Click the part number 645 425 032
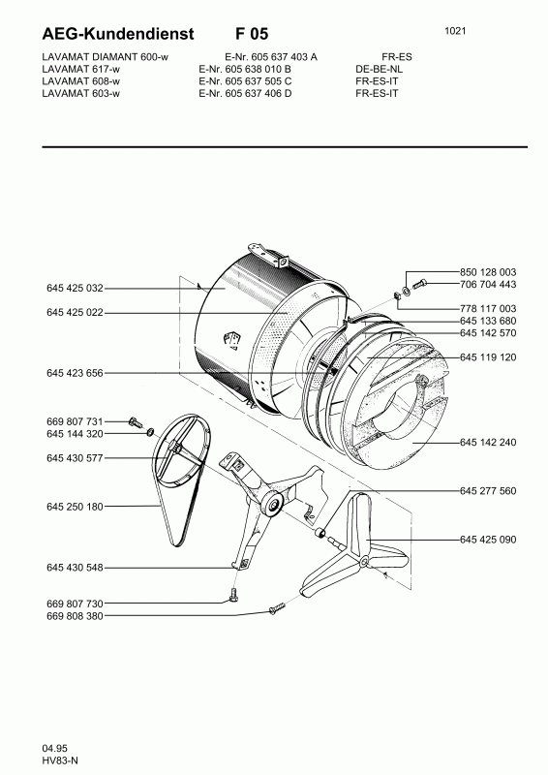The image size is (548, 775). coord(75,288)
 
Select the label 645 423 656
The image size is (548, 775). coord(75,373)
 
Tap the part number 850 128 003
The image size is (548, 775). coord(488,272)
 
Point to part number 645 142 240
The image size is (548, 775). coord(488,442)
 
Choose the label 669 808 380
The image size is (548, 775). coord(75,616)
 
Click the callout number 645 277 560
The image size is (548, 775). coord(488,491)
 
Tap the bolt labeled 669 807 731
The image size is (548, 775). coord(134,422)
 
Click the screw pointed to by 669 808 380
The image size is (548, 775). coord(278,607)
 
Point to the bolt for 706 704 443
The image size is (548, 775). coord(419,284)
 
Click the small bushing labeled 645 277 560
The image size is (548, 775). coord(321,533)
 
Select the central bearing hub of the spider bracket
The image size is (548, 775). coord(273,505)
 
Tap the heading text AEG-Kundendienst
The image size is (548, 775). coord(118,34)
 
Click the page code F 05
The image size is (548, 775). coord(252,34)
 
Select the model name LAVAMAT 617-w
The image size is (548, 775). coord(81,69)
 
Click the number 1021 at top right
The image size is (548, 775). coord(455,31)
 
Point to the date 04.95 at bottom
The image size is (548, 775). coord(55,748)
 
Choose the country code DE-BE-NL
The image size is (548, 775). coord(379,69)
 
